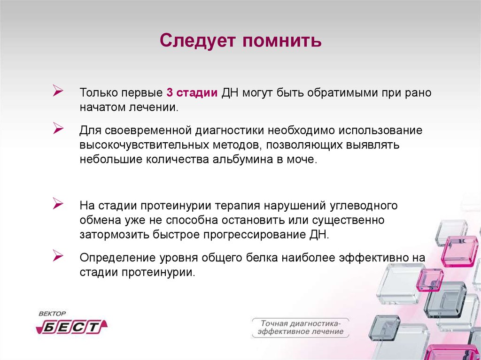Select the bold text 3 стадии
coord(191,92)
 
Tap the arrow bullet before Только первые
coord(59,91)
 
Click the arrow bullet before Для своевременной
coord(59,128)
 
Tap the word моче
coord(305,159)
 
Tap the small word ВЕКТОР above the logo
coord(53,314)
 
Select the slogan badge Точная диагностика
coord(300,328)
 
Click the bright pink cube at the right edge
coord(459,252)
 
